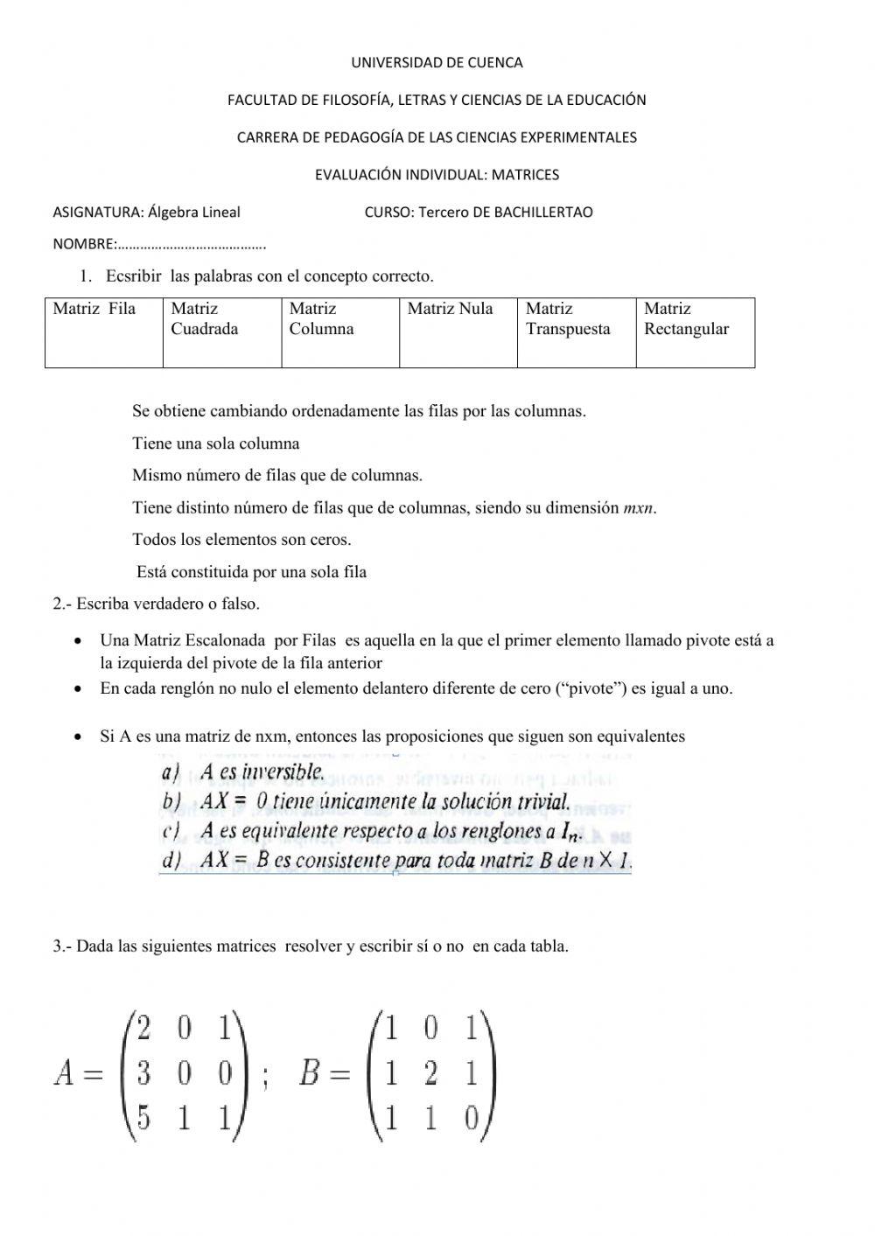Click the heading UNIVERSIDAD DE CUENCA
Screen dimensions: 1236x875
[x=437, y=63]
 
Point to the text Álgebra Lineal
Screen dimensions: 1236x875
[x=194, y=213]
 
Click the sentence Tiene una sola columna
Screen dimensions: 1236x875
[x=215, y=443]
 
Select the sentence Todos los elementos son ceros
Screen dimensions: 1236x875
[x=241, y=540]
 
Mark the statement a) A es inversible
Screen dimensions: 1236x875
[x=244, y=772]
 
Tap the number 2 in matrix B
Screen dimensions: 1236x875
[x=430, y=1072]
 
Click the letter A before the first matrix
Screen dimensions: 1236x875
[x=65, y=1072]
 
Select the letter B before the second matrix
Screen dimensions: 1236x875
[x=310, y=1072]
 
